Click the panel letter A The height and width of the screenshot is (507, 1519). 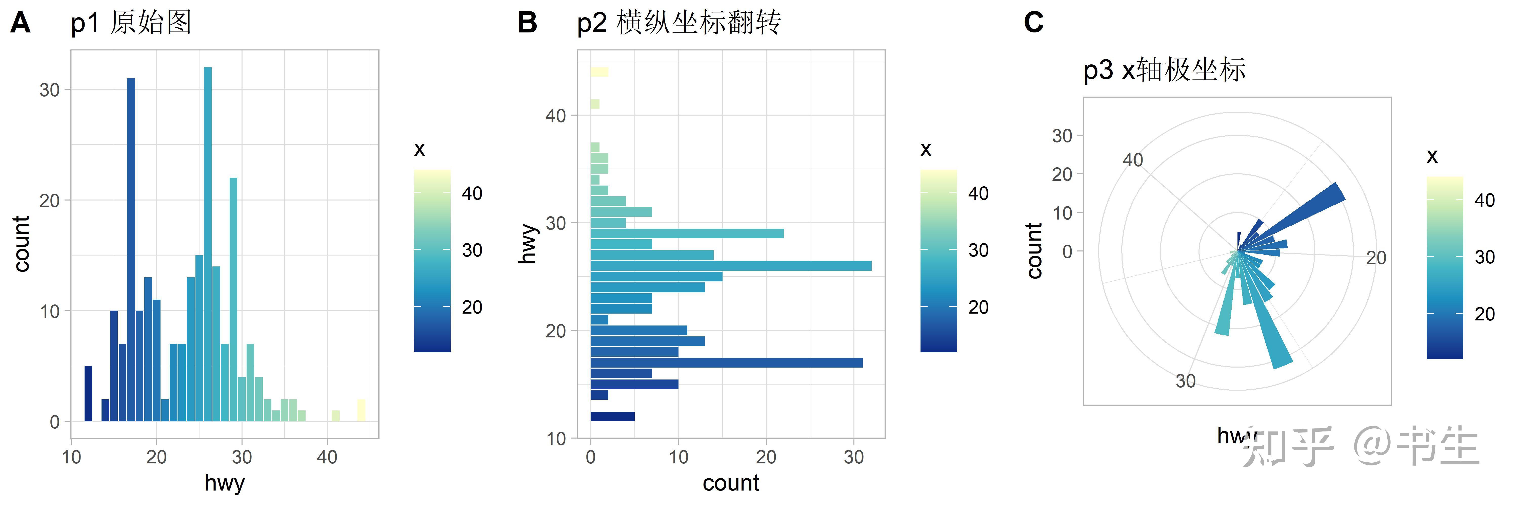coord(21,24)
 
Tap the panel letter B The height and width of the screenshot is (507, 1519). coord(527,24)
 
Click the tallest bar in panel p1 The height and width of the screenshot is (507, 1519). coord(208,236)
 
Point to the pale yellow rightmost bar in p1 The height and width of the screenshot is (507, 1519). coord(362,410)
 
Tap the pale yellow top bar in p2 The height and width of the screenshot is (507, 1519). coord(599,72)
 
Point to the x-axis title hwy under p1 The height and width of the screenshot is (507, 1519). coord(224,483)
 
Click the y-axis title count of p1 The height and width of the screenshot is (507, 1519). coord(22,244)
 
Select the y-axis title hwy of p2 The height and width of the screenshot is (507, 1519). coord(528,244)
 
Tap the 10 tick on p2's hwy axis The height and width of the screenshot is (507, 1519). coord(556,439)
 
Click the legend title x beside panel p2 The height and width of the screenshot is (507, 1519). coord(926,149)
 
